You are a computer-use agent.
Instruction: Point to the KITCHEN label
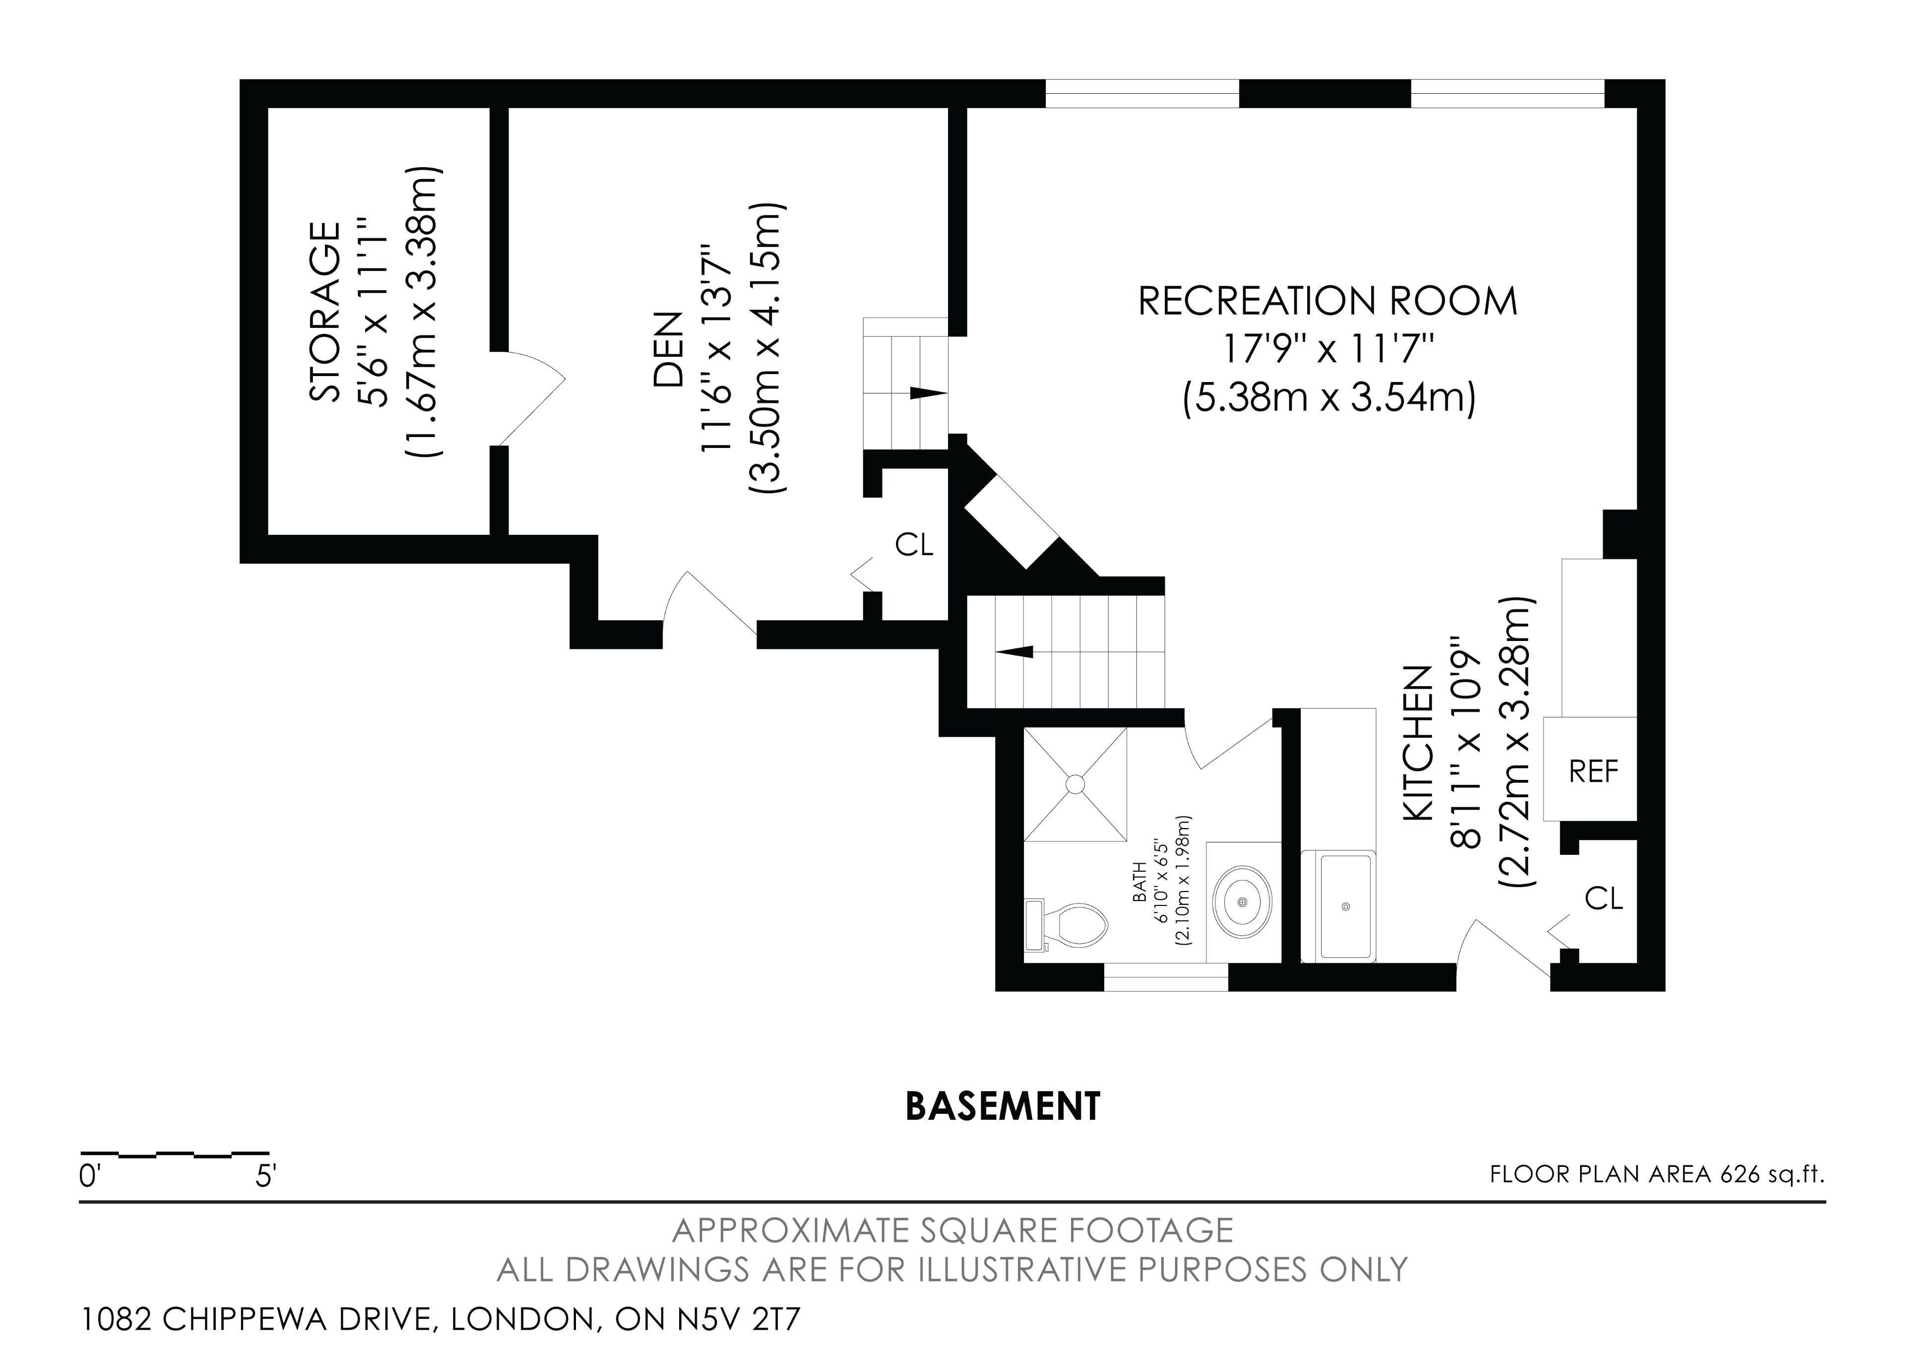[x=1418, y=744]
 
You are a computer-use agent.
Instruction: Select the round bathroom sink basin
[x=1242, y=901]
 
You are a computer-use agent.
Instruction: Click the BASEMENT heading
[x=1002, y=1106]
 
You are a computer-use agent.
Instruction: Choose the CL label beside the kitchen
[x=1604, y=898]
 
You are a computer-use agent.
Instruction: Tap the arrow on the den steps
[x=928, y=392]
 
